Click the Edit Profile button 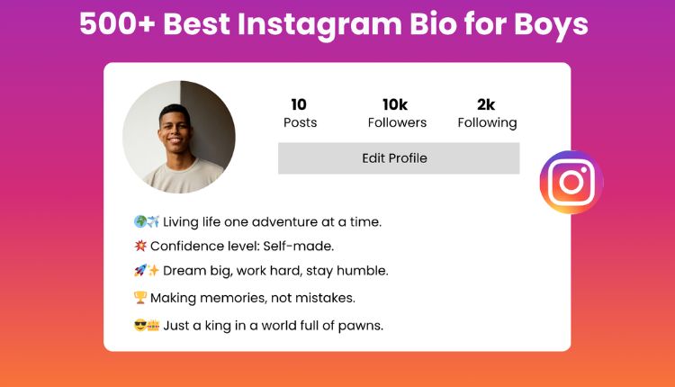[x=398, y=158]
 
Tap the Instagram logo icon [x=571, y=183]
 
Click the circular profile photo [x=179, y=137]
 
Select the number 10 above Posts [x=299, y=103]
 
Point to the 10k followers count [x=397, y=103]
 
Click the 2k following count [x=486, y=103]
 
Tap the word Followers [x=397, y=122]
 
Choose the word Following [x=487, y=122]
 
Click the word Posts [x=300, y=122]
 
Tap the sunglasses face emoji [x=139, y=325]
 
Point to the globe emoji [x=139, y=221]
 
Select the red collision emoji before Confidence [x=139, y=246]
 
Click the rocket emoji [x=139, y=271]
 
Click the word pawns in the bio [x=362, y=325]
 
